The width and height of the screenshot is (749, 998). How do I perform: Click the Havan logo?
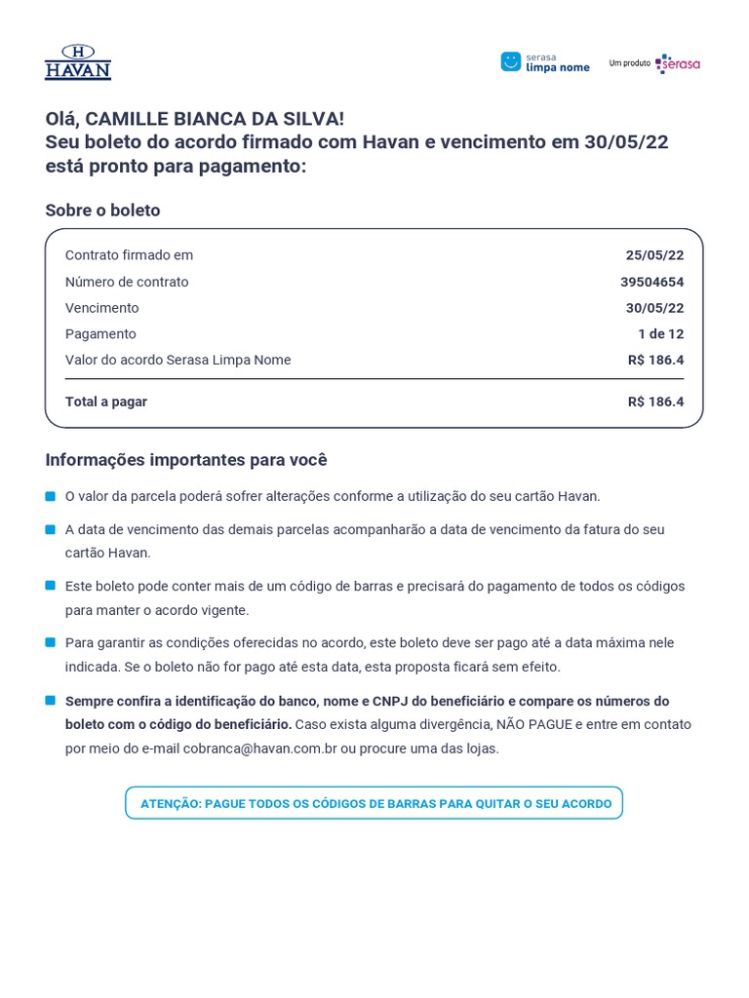coord(78,61)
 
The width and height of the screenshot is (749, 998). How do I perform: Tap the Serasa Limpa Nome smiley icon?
coord(510,61)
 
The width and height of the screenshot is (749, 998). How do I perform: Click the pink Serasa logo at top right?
coord(678,63)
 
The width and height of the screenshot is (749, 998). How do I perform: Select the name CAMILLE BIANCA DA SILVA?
coord(214,119)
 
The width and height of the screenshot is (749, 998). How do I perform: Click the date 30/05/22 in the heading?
coord(626,142)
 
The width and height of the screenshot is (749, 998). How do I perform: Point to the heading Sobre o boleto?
coord(102,211)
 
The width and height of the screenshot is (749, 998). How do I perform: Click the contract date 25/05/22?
coord(654,255)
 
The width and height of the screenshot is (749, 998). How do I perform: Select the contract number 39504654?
coord(651,282)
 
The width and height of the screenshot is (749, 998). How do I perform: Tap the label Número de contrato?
coord(127,282)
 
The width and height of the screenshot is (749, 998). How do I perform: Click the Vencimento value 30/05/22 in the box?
coord(654,308)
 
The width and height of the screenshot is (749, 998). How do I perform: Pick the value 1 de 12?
coord(660,334)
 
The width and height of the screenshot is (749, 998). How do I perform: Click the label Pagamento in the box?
coord(100,334)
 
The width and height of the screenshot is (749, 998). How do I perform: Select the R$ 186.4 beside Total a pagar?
coord(655,402)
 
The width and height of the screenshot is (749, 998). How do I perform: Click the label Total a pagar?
coord(106,402)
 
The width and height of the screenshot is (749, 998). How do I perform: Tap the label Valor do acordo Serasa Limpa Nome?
coord(177,360)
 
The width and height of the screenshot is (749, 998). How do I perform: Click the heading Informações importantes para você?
coord(186,460)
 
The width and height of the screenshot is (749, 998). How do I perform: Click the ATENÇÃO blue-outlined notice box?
coord(374,803)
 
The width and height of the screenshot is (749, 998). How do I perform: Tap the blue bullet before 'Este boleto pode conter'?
coord(50,586)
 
